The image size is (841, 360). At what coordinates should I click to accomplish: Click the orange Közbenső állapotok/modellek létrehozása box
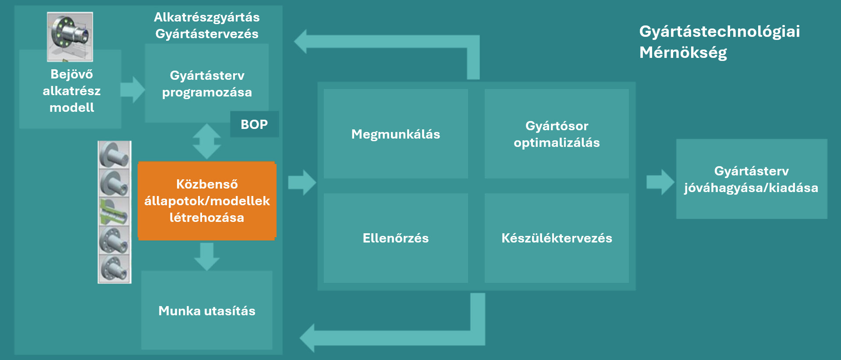pos(207,201)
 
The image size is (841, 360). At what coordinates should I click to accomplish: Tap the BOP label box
pos(254,125)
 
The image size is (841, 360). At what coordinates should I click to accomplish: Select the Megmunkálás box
pos(395,134)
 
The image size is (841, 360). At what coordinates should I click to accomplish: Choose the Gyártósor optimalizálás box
pos(557,134)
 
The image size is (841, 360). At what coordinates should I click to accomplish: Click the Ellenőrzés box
pos(395,238)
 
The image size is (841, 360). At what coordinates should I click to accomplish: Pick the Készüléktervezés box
pos(557,238)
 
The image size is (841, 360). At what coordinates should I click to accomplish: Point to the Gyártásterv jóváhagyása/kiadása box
pos(751,179)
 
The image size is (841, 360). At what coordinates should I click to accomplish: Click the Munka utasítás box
pos(206,310)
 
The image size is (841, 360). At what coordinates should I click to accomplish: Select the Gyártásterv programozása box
pos(206,83)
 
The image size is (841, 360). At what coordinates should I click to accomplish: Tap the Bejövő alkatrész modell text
pos(71,91)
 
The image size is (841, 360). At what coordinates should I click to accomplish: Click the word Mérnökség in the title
pos(683,53)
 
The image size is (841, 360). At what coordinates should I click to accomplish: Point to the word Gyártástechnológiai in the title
pos(719,32)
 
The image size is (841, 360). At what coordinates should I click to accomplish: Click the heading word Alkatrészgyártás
pos(206,17)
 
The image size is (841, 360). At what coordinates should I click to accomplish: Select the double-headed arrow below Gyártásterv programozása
pos(206,141)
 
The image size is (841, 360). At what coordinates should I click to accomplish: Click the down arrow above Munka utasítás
pos(206,256)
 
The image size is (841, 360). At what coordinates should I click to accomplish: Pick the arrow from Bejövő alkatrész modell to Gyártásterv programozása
pos(132,89)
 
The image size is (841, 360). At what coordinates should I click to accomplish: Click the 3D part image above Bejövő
pos(70,36)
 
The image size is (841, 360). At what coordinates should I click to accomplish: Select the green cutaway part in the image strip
pos(114,211)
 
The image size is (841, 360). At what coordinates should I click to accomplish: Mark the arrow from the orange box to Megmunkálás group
pos(302,182)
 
